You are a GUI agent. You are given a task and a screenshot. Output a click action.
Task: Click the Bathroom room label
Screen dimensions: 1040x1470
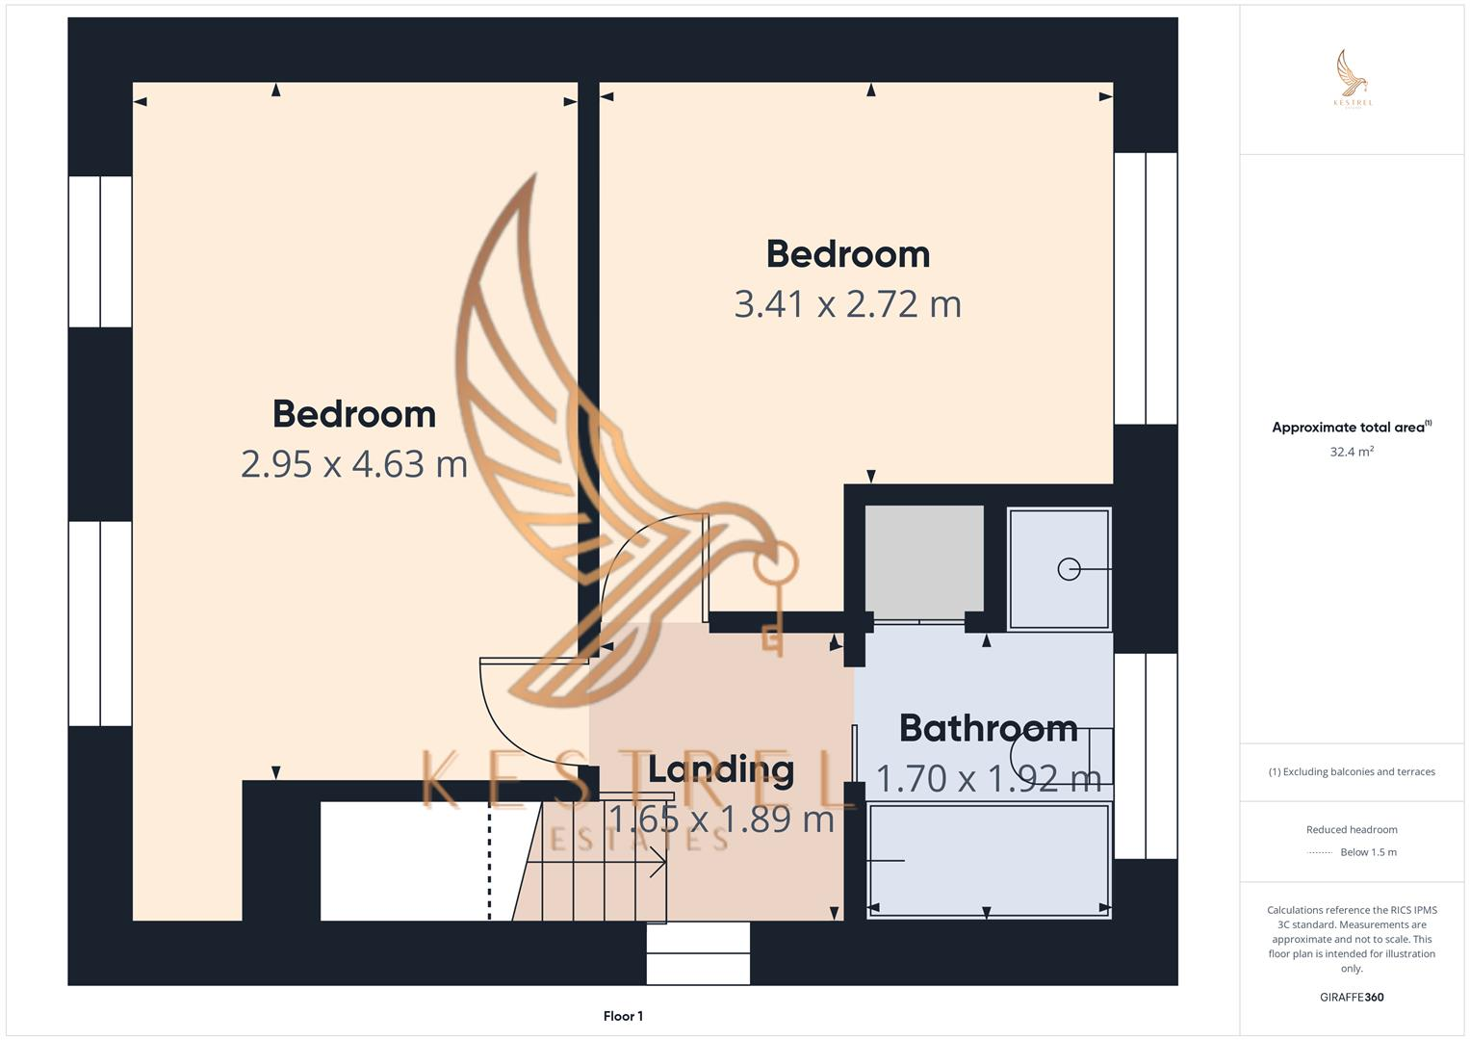(988, 728)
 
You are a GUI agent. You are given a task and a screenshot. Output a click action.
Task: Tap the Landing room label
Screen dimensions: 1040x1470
(721, 769)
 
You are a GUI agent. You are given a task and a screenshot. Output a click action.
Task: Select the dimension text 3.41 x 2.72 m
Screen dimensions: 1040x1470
(847, 304)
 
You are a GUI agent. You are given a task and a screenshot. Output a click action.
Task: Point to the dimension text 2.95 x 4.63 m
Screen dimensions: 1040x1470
(354, 464)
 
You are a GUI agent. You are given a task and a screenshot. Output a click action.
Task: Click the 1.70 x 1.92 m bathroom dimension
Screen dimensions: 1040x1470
(988, 778)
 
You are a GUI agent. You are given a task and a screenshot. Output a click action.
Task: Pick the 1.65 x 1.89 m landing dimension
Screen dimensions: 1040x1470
(721, 819)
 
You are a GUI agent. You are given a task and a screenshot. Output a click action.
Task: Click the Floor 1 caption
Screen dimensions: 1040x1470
(623, 1016)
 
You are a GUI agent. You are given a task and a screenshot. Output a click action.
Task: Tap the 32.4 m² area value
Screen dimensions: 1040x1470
(1352, 452)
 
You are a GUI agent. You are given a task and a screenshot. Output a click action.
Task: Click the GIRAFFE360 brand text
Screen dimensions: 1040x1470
(1352, 998)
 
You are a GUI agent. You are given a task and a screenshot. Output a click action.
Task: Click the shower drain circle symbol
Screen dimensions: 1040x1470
(1069, 569)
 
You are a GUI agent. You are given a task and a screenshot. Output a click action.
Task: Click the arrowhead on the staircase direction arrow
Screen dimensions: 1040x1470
(661, 861)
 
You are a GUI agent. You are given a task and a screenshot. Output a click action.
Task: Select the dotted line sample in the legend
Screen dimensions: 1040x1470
(1320, 853)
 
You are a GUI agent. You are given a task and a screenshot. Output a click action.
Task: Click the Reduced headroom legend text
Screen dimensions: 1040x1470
(1352, 830)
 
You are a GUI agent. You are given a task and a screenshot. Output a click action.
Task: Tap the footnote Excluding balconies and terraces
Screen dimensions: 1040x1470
(1352, 772)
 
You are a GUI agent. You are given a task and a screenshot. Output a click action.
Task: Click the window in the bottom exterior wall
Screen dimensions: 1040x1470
(698, 953)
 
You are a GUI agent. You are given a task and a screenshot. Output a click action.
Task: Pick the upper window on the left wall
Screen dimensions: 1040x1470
(100, 252)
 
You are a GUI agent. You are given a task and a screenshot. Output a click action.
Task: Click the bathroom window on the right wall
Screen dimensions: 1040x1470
(1146, 756)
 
